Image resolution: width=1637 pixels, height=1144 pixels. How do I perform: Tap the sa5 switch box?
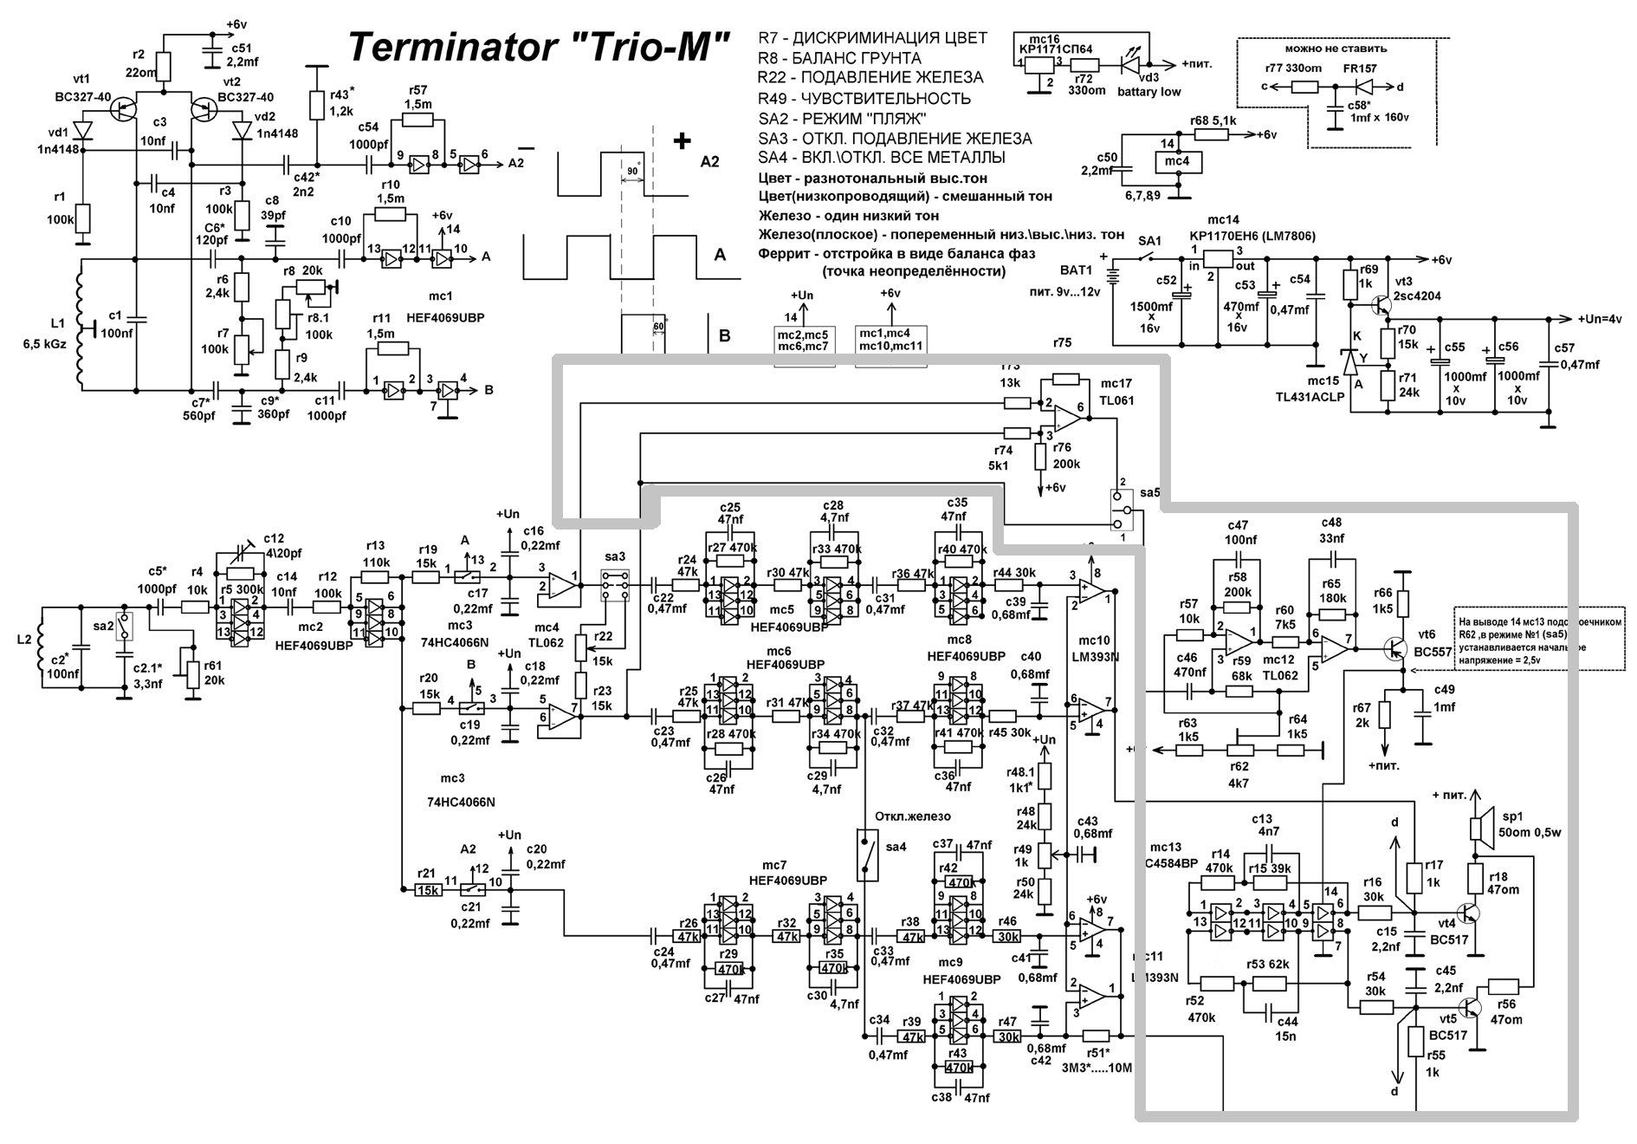tap(1121, 510)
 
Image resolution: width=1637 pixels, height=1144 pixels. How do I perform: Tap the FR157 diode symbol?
tap(1366, 87)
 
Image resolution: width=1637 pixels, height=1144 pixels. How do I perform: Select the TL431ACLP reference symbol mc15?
tap(1349, 363)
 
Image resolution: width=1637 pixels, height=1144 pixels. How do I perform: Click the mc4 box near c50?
tap(1178, 161)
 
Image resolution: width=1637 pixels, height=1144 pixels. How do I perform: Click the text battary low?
tap(1148, 92)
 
